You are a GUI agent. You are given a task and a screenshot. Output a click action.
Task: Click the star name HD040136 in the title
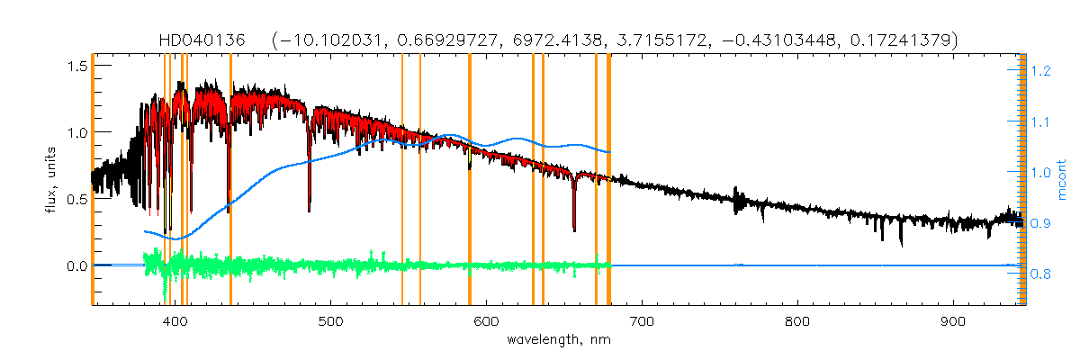[x=209, y=40]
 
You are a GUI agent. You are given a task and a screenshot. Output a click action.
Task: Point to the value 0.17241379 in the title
[x=899, y=40]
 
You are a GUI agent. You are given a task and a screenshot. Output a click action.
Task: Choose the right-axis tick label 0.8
[x=1040, y=274]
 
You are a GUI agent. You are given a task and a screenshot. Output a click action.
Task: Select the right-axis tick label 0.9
[x=1040, y=223]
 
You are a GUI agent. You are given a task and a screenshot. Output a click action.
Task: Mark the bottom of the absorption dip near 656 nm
[x=574, y=230]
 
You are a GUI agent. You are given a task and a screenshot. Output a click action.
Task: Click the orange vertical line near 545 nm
[x=402, y=180]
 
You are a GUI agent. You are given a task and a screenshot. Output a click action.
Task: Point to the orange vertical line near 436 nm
[x=231, y=180]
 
